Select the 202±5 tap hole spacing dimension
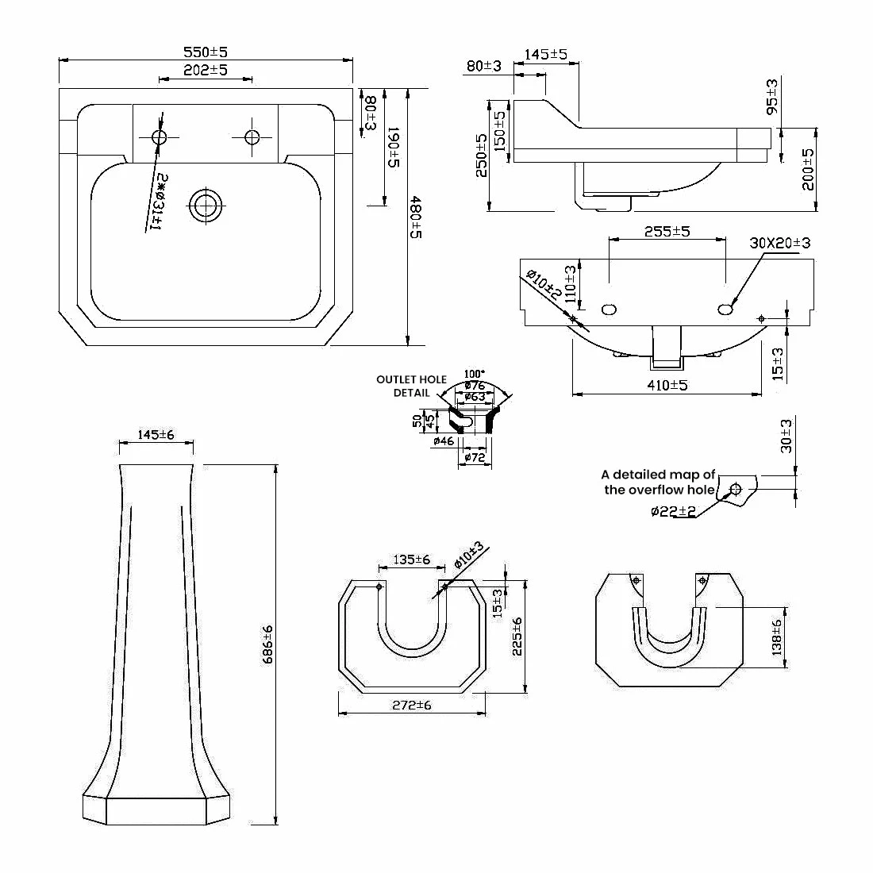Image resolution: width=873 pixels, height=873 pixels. pos(206,71)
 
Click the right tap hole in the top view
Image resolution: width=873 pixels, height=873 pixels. pos(252,137)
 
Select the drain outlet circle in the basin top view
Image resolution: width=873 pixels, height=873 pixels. pos(206,207)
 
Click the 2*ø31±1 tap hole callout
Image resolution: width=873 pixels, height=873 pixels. pos(156,200)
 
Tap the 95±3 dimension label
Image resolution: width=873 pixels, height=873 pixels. pos(772,96)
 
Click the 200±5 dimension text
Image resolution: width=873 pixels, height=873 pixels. pos(808,168)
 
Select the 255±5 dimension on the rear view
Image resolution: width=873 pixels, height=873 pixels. pos(667,231)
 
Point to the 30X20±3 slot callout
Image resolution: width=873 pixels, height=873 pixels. pos(779,243)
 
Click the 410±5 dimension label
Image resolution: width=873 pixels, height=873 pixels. pos(667,386)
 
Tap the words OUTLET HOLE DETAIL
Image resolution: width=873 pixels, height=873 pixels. pos(410,386)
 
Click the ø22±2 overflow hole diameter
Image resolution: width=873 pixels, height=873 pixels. pos(673,512)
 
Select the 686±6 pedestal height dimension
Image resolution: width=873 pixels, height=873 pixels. pos(267,644)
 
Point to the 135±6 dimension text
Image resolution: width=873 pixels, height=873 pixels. pos(411,560)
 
